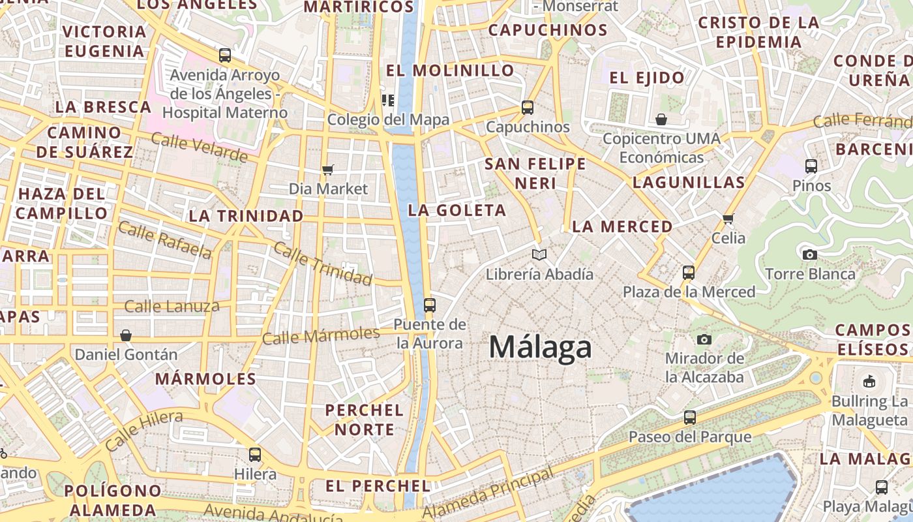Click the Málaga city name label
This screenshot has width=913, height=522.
[x=540, y=347]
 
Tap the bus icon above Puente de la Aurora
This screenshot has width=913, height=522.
[x=429, y=305]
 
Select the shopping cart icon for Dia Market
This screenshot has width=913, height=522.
[x=328, y=170]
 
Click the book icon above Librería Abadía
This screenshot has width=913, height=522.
[x=539, y=254]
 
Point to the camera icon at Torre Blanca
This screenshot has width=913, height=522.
[x=810, y=254]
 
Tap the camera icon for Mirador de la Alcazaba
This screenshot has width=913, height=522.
[x=704, y=339]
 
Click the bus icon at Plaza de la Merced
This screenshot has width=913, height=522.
[x=689, y=272]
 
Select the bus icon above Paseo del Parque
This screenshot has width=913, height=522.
[x=690, y=417]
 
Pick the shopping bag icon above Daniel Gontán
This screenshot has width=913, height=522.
[x=126, y=335]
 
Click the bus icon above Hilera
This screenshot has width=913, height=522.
[x=255, y=454]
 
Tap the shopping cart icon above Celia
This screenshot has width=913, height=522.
[x=728, y=219]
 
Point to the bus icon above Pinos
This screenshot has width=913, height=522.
[x=811, y=166]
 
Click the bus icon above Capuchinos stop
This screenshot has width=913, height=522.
[x=528, y=108]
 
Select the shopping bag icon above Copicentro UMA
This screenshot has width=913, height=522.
[x=661, y=119]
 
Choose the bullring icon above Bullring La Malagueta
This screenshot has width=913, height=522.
[x=869, y=381]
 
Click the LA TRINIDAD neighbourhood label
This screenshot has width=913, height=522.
[x=246, y=216]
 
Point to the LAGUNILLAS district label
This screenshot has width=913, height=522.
[x=689, y=183]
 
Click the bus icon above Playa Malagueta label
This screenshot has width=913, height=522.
[x=882, y=487]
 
